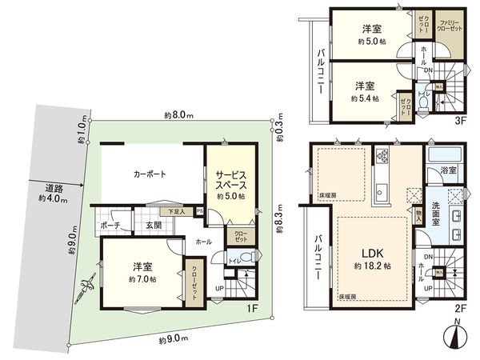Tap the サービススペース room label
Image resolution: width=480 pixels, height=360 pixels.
pyautogui.click(x=228, y=178)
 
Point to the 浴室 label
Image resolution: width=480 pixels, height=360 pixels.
pyautogui.click(x=448, y=170)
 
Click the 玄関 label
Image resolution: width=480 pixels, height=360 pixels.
pyautogui.click(x=154, y=225)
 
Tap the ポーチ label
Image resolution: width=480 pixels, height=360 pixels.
pyautogui.click(x=110, y=225)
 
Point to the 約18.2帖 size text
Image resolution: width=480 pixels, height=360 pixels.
pyautogui.click(x=368, y=266)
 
